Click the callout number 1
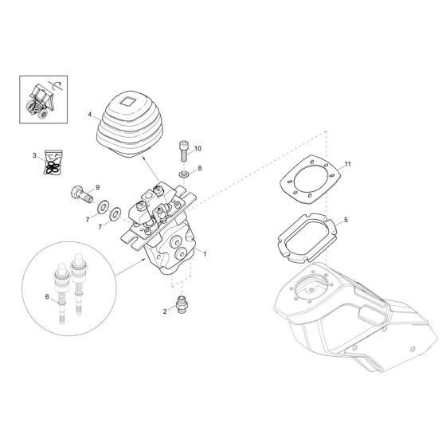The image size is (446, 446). [x=205, y=254]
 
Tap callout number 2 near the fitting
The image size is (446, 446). [x=164, y=312]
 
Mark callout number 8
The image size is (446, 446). [x=200, y=169]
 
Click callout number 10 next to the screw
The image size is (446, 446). [x=198, y=148]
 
